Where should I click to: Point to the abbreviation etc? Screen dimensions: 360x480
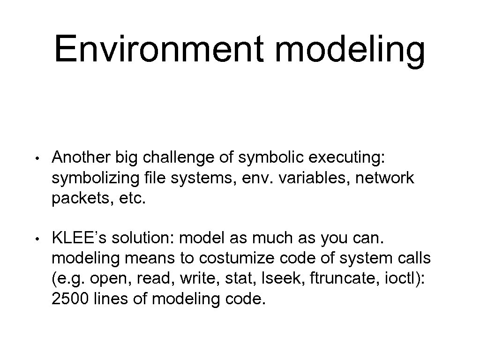[x=133, y=199]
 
